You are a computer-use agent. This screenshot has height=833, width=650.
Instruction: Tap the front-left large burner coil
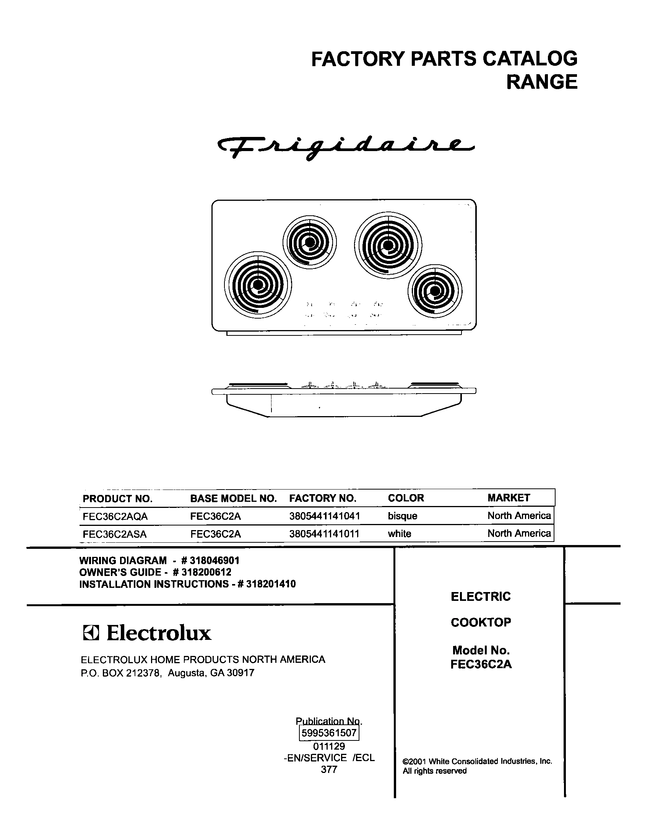(258, 285)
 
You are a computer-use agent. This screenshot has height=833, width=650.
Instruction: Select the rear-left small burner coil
(310, 242)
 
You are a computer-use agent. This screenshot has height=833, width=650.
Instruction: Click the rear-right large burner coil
(388, 245)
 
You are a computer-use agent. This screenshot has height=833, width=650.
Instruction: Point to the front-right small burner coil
(435, 291)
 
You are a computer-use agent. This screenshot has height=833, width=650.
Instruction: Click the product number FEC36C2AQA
(115, 517)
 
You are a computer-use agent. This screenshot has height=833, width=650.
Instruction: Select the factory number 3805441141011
(324, 534)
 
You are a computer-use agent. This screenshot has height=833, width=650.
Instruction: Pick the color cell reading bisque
(403, 517)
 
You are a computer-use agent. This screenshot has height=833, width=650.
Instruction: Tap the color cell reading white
(400, 534)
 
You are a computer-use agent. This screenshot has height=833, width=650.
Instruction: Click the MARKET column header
(509, 498)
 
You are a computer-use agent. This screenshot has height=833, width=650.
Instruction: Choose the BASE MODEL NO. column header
(233, 499)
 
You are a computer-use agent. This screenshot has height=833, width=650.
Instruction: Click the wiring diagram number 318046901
(214, 561)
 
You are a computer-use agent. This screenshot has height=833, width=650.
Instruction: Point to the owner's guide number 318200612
(206, 572)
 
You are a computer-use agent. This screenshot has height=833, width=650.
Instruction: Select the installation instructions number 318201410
(271, 584)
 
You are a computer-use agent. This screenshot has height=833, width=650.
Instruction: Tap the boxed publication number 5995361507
(329, 733)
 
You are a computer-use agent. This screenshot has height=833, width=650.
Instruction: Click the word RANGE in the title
(542, 82)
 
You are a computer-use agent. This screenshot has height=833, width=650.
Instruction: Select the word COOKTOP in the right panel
(481, 623)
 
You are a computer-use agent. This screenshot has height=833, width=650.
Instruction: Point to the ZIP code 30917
(240, 673)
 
